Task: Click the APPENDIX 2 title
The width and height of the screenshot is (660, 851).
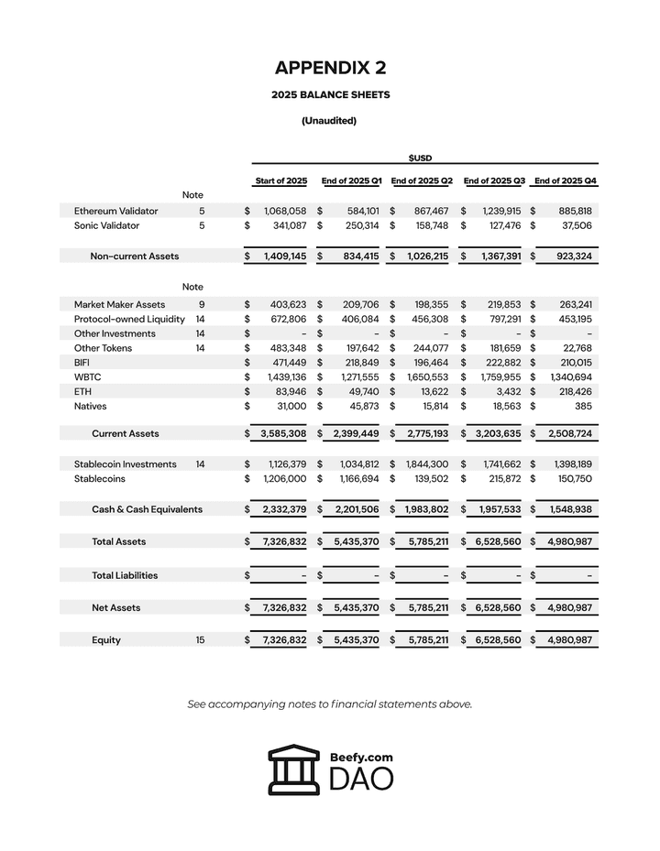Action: pyautogui.click(x=330, y=68)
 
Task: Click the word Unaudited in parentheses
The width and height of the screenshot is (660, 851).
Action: pyautogui.click(x=329, y=120)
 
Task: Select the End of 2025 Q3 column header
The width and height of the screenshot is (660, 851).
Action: pyautogui.click(x=494, y=180)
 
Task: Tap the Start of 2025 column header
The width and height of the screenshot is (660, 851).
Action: pyautogui.click(x=280, y=180)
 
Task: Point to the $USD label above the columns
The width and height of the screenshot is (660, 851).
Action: pyautogui.click(x=421, y=158)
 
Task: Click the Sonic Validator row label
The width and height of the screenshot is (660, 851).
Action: pyautogui.click(x=106, y=225)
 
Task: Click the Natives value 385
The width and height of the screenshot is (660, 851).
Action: pyautogui.click(x=579, y=406)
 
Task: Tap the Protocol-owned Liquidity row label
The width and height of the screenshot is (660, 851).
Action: pyautogui.click(x=129, y=319)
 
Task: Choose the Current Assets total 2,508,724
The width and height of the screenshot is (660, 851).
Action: pyautogui.click(x=569, y=433)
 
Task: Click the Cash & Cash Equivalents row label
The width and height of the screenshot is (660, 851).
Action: pyautogui.click(x=147, y=508)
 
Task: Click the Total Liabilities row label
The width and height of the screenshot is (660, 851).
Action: pyautogui.click(x=125, y=575)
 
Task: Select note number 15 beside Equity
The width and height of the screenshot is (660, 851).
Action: pyautogui.click(x=200, y=639)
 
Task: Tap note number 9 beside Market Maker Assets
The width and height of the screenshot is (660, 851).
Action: pyautogui.click(x=200, y=304)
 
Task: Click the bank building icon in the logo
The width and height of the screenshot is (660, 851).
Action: pyautogui.click(x=294, y=769)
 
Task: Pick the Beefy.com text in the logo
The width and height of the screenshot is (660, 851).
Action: pyautogui.click(x=361, y=758)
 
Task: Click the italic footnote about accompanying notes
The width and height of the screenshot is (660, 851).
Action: pyautogui.click(x=330, y=704)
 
